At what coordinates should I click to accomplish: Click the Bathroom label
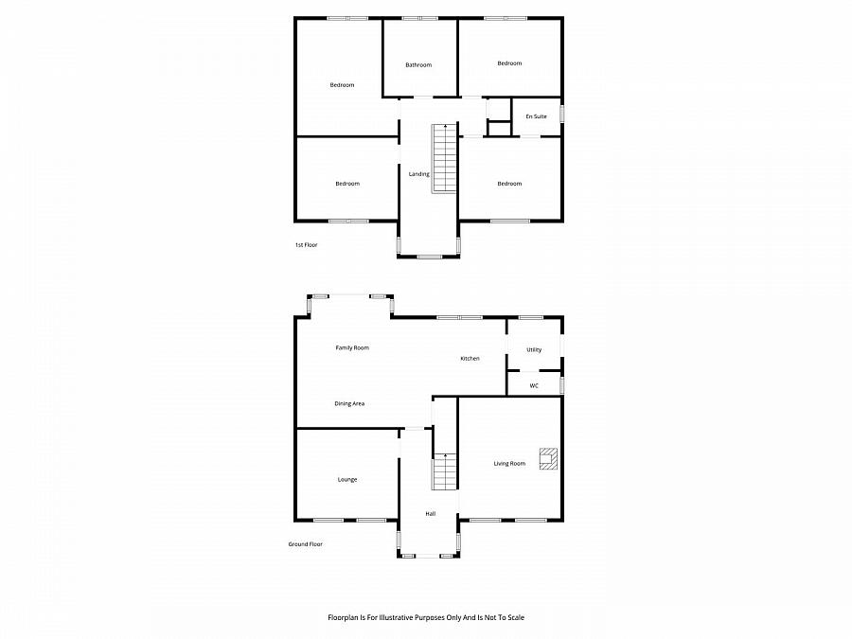(418, 64)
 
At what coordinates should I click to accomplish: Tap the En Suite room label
(536, 116)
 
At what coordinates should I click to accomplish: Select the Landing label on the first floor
(418, 174)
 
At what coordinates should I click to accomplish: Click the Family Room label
(352, 347)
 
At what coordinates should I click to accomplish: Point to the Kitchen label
(470, 358)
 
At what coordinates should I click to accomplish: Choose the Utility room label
(534, 349)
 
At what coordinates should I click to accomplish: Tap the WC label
(534, 385)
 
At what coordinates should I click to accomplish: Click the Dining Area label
(349, 403)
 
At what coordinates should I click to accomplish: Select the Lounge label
(347, 479)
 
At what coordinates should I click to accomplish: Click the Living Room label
(509, 463)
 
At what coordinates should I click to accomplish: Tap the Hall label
(430, 513)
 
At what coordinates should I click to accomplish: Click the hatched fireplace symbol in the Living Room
(548, 458)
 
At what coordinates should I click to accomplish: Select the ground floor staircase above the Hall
(445, 471)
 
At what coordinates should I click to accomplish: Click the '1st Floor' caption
(306, 245)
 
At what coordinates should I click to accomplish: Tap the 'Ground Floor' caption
(306, 544)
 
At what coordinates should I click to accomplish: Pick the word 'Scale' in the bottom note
(515, 617)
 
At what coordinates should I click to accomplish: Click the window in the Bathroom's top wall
(419, 18)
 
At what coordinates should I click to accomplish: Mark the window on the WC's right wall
(562, 385)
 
